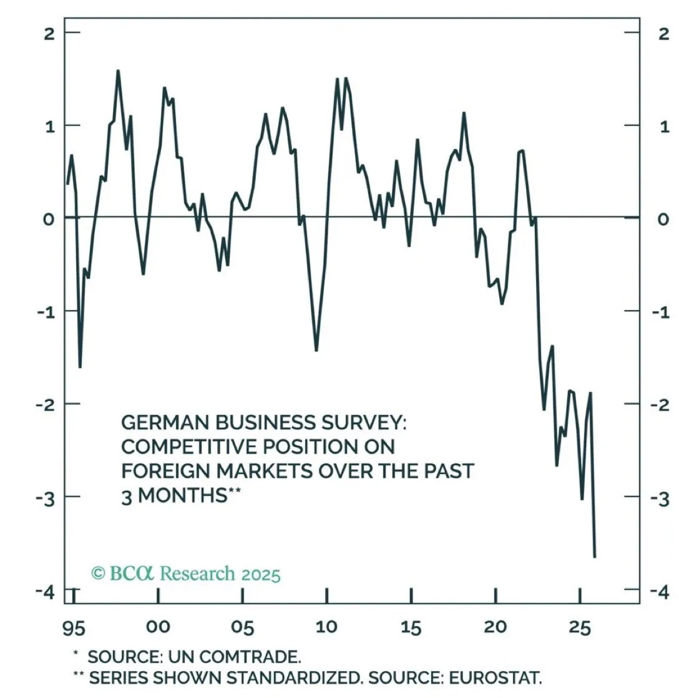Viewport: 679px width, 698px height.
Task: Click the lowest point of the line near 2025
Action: (595, 556)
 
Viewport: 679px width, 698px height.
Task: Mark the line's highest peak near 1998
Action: (118, 70)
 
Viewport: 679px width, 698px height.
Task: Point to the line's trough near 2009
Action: (316, 351)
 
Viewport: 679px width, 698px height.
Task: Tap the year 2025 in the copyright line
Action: (260, 573)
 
